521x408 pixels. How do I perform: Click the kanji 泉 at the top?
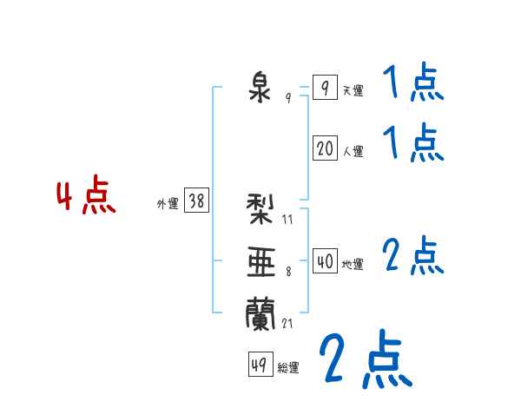pos(260,89)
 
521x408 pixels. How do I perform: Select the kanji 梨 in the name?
pos(260,208)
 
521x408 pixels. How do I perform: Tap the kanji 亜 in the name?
pos(261,262)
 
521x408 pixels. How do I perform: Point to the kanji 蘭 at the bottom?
pos(260,314)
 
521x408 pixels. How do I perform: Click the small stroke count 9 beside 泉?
pos(288,97)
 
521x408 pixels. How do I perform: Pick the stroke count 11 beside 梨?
pos(287,220)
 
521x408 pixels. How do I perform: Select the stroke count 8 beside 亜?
pos(288,272)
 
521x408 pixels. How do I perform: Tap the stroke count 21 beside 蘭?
pos(287,323)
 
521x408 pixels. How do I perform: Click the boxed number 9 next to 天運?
pos(325,87)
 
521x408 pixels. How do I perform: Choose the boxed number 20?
pos(325,148)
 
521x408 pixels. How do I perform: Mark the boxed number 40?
pos(325,260)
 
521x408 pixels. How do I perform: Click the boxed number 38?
pos(196,200)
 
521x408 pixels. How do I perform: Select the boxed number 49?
pos(260,364)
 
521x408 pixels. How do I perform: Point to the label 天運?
pos(353,90)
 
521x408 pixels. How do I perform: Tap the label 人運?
pos(353,152)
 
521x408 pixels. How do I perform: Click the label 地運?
pos(353,265)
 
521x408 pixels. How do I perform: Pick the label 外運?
pos(168,204)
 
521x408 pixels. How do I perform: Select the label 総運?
pos(288,368)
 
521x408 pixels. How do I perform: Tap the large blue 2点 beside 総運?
pos(366,359)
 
